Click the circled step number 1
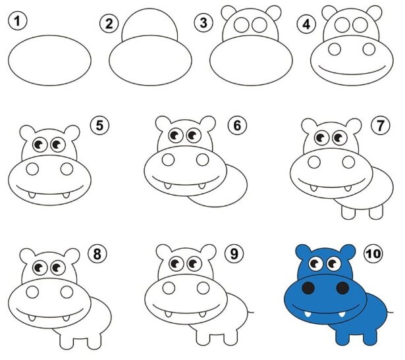point(17,21)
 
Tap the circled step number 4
point(306,24)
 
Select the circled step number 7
point(380,126)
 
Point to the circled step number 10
point(373,253)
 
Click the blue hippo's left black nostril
point(308,288)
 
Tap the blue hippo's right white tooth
point(342,314)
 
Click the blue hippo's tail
point(390,312)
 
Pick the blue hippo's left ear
point(304,251)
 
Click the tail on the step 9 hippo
point(250,312)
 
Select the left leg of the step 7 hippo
point(348,213)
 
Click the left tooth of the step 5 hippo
point(32,195)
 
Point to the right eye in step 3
point(259,24)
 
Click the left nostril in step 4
point(335,49)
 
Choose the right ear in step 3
point(273,13)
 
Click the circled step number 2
point(109,24)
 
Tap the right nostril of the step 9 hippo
point(203,288)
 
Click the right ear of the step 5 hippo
point(72,133)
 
